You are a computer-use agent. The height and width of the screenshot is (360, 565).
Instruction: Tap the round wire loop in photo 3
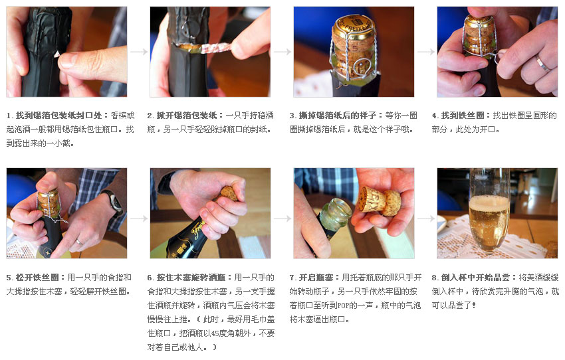pos(361,68)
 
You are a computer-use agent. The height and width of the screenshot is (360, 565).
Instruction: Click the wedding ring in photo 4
pos(542,62)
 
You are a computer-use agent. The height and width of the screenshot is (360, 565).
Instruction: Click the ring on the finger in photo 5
pos(79,242)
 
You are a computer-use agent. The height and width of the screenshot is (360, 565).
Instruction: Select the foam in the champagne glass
pos(489,203)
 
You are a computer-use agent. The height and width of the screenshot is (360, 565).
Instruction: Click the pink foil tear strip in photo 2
pos(216,48)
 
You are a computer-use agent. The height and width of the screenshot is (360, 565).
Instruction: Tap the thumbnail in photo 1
pos(68,60)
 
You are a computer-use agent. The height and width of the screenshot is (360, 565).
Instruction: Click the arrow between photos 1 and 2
pos(139,52)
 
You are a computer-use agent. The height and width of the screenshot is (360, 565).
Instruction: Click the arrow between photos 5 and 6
pos(139,219)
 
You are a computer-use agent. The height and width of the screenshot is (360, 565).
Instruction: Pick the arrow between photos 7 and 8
pos(426,219)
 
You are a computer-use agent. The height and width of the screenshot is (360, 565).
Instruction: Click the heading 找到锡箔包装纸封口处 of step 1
pos(58,116)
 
